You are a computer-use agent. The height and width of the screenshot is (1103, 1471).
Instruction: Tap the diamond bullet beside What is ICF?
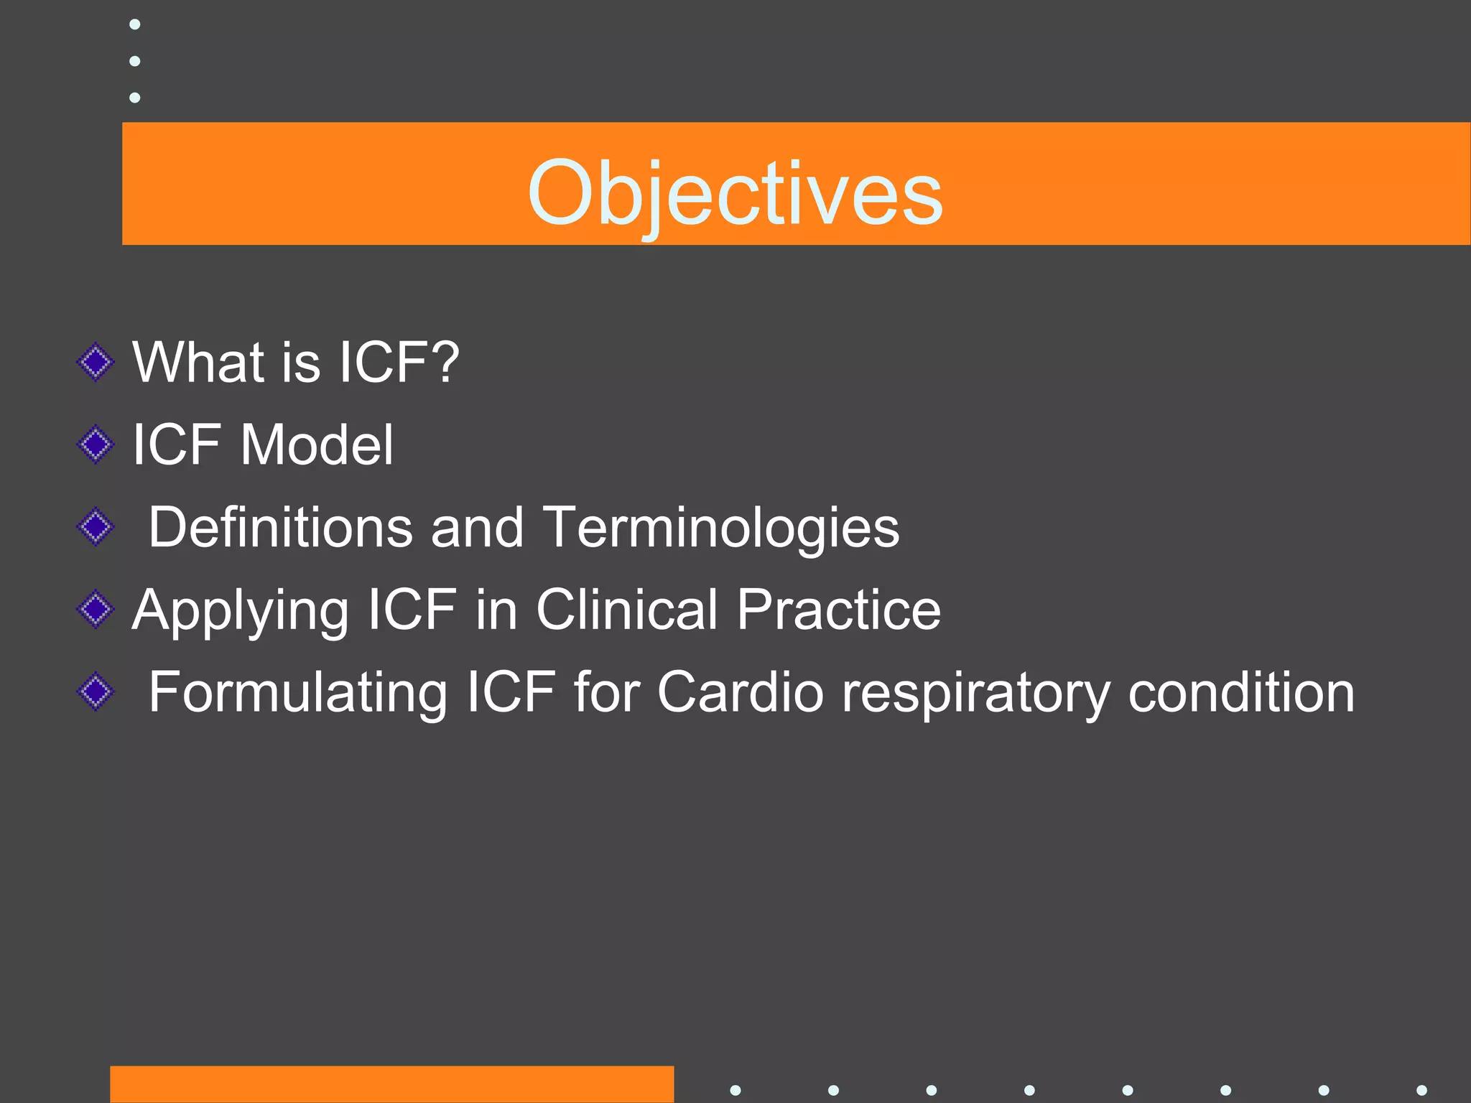[96, 363]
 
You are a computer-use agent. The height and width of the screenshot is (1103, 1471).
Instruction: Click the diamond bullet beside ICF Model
[96, 445]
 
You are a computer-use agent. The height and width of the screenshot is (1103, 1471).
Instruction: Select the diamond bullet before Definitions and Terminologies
[96, 528]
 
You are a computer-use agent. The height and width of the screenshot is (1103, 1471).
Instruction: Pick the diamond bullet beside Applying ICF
[96, 610]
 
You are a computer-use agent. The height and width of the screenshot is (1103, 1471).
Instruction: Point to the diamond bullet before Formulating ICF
[96, 692]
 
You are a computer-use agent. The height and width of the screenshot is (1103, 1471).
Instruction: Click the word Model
[317, 445]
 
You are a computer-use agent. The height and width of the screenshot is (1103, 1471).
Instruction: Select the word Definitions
[279, 527]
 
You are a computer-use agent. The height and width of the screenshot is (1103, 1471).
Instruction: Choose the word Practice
[838, 610]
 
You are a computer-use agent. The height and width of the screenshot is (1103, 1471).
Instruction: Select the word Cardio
[740, 692]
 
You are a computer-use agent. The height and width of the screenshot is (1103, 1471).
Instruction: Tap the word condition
[1241, 692]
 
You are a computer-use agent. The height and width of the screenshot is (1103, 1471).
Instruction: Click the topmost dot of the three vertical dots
[134, 24]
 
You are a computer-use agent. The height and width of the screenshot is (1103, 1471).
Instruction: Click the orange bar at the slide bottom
[391, 1084]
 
